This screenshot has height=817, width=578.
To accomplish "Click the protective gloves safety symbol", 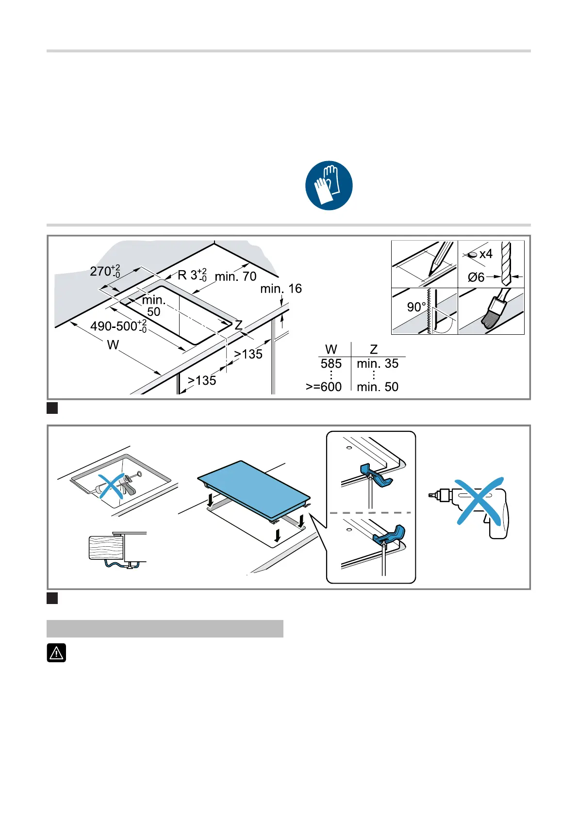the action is pos(329,185).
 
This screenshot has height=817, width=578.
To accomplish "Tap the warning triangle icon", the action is pos(56,653).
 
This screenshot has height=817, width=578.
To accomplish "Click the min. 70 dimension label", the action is pos(235,277).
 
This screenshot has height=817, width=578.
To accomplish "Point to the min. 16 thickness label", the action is pos(281,289).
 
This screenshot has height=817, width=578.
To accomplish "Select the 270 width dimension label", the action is pos(104,271).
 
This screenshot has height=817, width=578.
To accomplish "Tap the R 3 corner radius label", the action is pos(192,275).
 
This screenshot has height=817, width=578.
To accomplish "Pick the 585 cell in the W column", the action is pos(331,363).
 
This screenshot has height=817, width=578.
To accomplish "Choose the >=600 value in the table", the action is pos(324,387).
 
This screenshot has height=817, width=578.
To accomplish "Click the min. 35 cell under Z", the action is pos(377,363).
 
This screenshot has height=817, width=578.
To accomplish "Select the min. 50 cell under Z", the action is pos(377,387).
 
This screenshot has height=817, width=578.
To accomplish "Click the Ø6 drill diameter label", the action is pos(476,277).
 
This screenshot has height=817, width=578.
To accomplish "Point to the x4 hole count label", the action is pos(485,254).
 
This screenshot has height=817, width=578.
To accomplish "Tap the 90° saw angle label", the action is pos(416,307).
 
